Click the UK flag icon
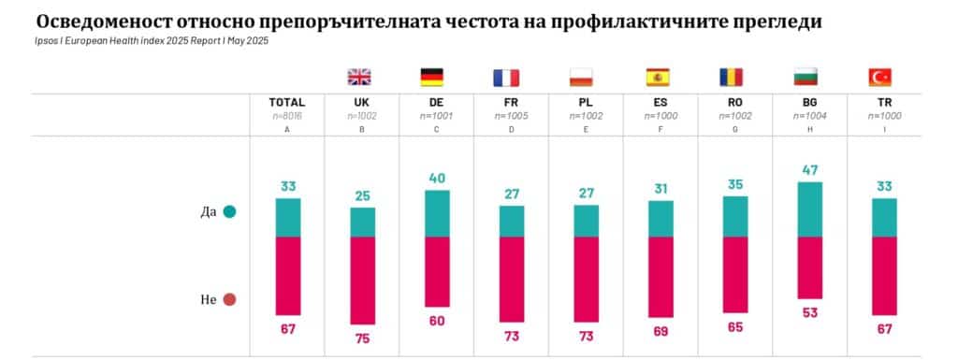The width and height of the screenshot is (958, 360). [361, 78]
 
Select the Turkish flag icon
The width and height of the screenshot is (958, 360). [881, 78]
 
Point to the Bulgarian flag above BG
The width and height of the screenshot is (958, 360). [806, 78]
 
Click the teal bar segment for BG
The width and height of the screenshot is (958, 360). [809, 209]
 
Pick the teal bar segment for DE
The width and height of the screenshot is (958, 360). [437, 213]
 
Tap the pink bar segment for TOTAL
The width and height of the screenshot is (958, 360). [288, 276]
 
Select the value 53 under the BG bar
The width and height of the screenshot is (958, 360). [809, 311]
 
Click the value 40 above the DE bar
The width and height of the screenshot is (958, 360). [437, 178]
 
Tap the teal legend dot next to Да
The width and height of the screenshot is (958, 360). [229, 211]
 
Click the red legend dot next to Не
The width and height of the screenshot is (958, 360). [229, 300]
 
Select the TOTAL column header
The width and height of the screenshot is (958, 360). [287, 102]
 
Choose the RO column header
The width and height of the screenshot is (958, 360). [735, 102]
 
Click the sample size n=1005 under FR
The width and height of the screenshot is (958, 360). [511, 115]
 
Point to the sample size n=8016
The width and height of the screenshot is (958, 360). [287, 115]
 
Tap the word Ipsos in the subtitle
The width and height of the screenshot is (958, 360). [44, 41]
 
